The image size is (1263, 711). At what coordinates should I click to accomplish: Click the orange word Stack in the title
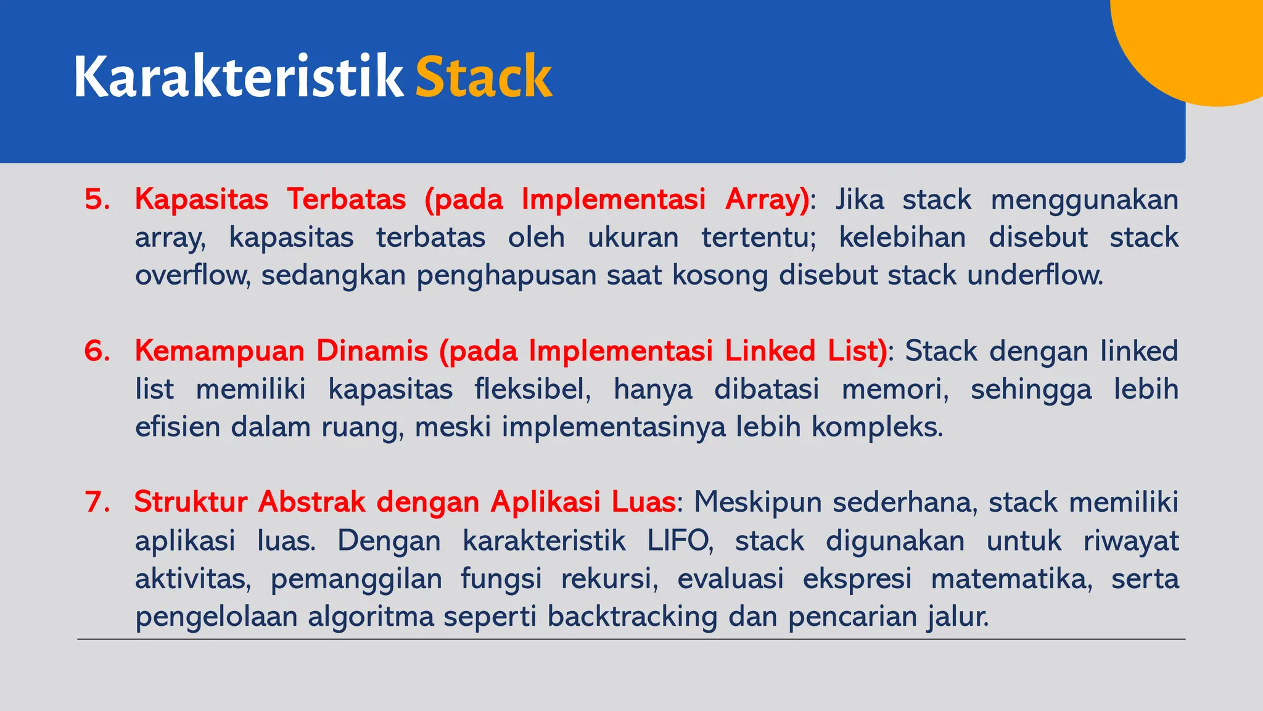(x=483, y=77)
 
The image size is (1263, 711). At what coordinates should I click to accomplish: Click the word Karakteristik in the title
(x=238, y=77)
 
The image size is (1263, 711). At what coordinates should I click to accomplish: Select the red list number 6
(x=97, y=351)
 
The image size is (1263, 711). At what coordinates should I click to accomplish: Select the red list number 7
(x=97, y=502)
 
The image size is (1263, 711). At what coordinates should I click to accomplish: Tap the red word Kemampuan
(x=220, y=351)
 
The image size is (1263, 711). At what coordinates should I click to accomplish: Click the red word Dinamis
(x=372, y=351)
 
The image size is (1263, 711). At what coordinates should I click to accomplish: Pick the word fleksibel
(x=532, y=389)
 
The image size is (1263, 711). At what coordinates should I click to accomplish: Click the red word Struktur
(x=191, y=502)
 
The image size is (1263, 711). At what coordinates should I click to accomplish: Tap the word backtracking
(x=632, y=617)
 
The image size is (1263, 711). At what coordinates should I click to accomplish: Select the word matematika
(x=1011, y=579)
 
